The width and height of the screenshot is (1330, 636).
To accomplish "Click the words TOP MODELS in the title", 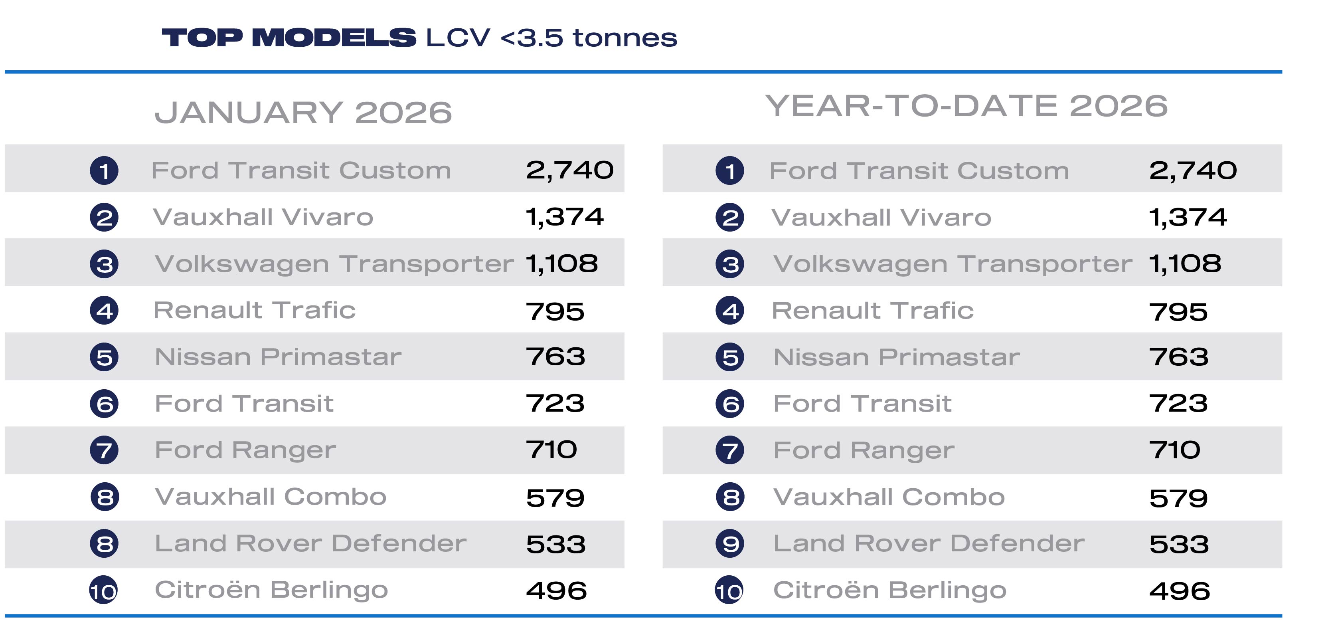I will [x=289, y=38].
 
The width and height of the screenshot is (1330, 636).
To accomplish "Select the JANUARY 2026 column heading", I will [x=303, y=112].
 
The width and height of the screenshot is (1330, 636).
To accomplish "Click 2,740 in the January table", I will [x=569, y=170].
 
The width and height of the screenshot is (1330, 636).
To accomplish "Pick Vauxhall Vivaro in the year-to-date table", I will [x=881, y=218].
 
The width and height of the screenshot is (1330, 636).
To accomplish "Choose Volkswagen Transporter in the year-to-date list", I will [x=953, y=264].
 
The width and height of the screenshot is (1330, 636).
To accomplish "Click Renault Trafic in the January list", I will [x=255, y=311].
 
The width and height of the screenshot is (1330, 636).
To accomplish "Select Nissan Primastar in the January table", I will [x=278, y=357].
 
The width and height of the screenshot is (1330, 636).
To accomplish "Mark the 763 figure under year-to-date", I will [x=1179, y=357].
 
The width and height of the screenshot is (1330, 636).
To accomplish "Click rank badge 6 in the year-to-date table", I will [x=730, y=404].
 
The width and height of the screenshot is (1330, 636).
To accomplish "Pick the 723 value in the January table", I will [x=555, y=404].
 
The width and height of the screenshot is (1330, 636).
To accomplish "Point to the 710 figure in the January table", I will [x=551, y=450].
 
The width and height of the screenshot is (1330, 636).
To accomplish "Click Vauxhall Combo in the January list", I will [x=271, y=497].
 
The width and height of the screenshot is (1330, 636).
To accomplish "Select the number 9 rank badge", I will [x=730, y=543].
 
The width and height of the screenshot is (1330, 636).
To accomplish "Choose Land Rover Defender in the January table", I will [x=311, y=543].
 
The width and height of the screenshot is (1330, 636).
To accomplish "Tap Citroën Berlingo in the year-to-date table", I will [x=889, y=590].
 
